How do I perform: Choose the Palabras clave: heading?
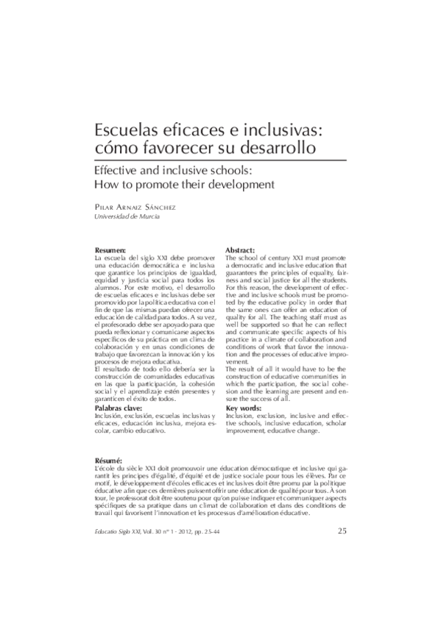(x=122, y=406)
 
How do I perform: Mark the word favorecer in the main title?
(x=179, y=149)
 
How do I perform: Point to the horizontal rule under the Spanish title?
(x=220, y=159)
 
